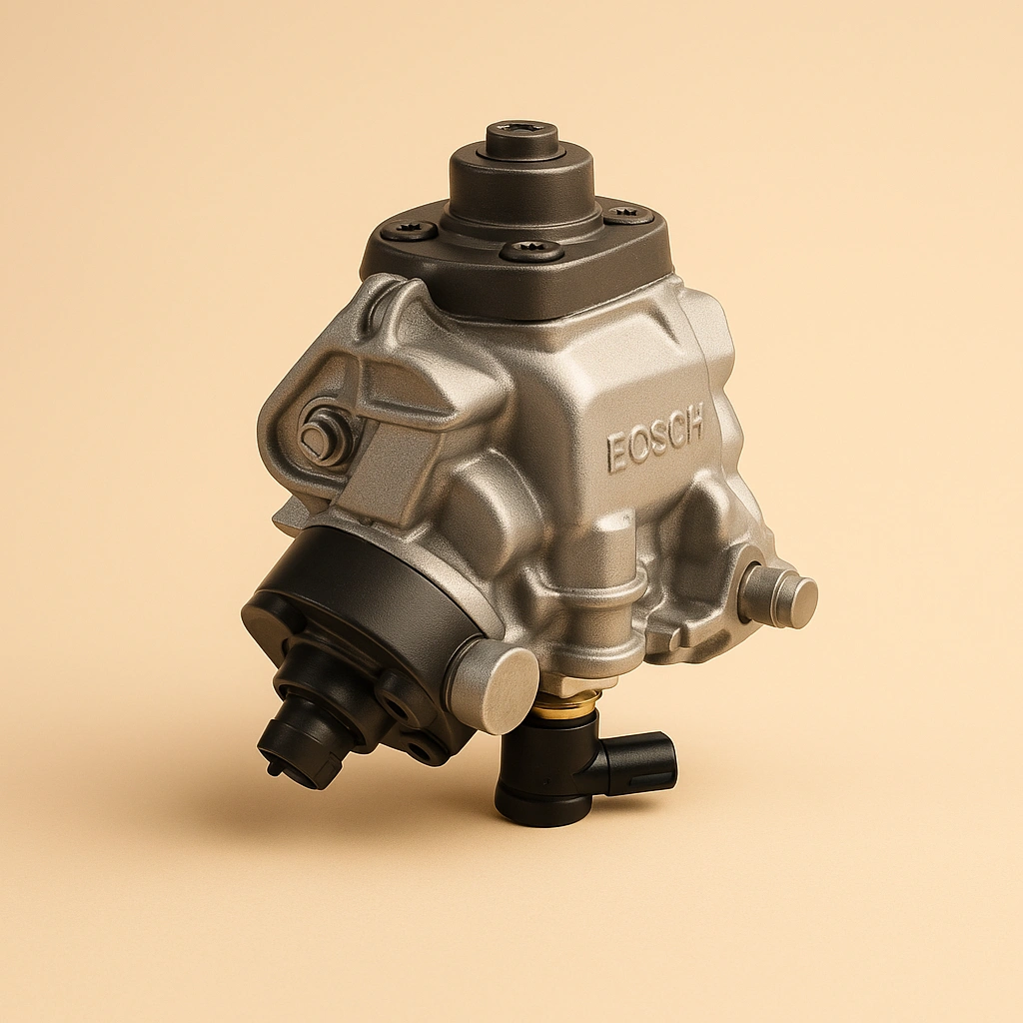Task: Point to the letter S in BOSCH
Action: click(655, 440)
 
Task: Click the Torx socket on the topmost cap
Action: click(521, 133)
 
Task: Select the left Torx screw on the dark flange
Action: click(410, 231)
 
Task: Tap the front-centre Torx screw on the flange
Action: click(530, 250)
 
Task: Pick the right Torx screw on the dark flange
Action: click(627, 213)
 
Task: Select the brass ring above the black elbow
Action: click(565, 705)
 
